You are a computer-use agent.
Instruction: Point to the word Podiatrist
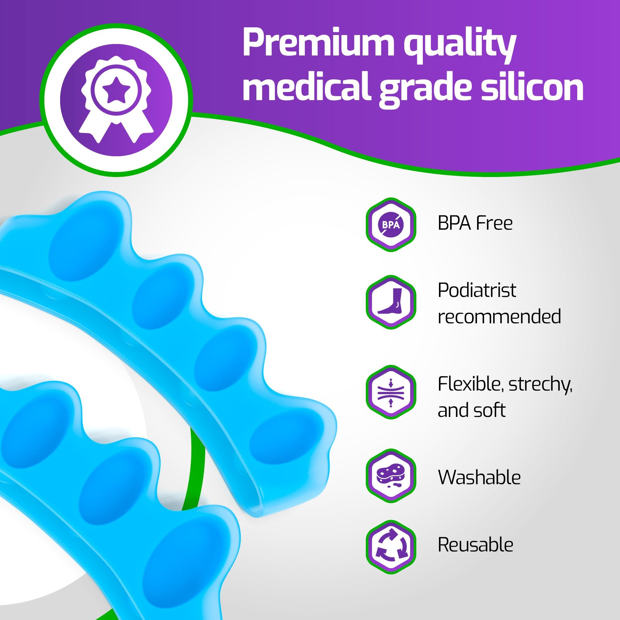tap(477, 290)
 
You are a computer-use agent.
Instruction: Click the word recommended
tap(499, 316)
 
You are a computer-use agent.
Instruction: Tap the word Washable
tap(479, 477)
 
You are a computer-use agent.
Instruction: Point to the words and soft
tap(472, 410)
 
